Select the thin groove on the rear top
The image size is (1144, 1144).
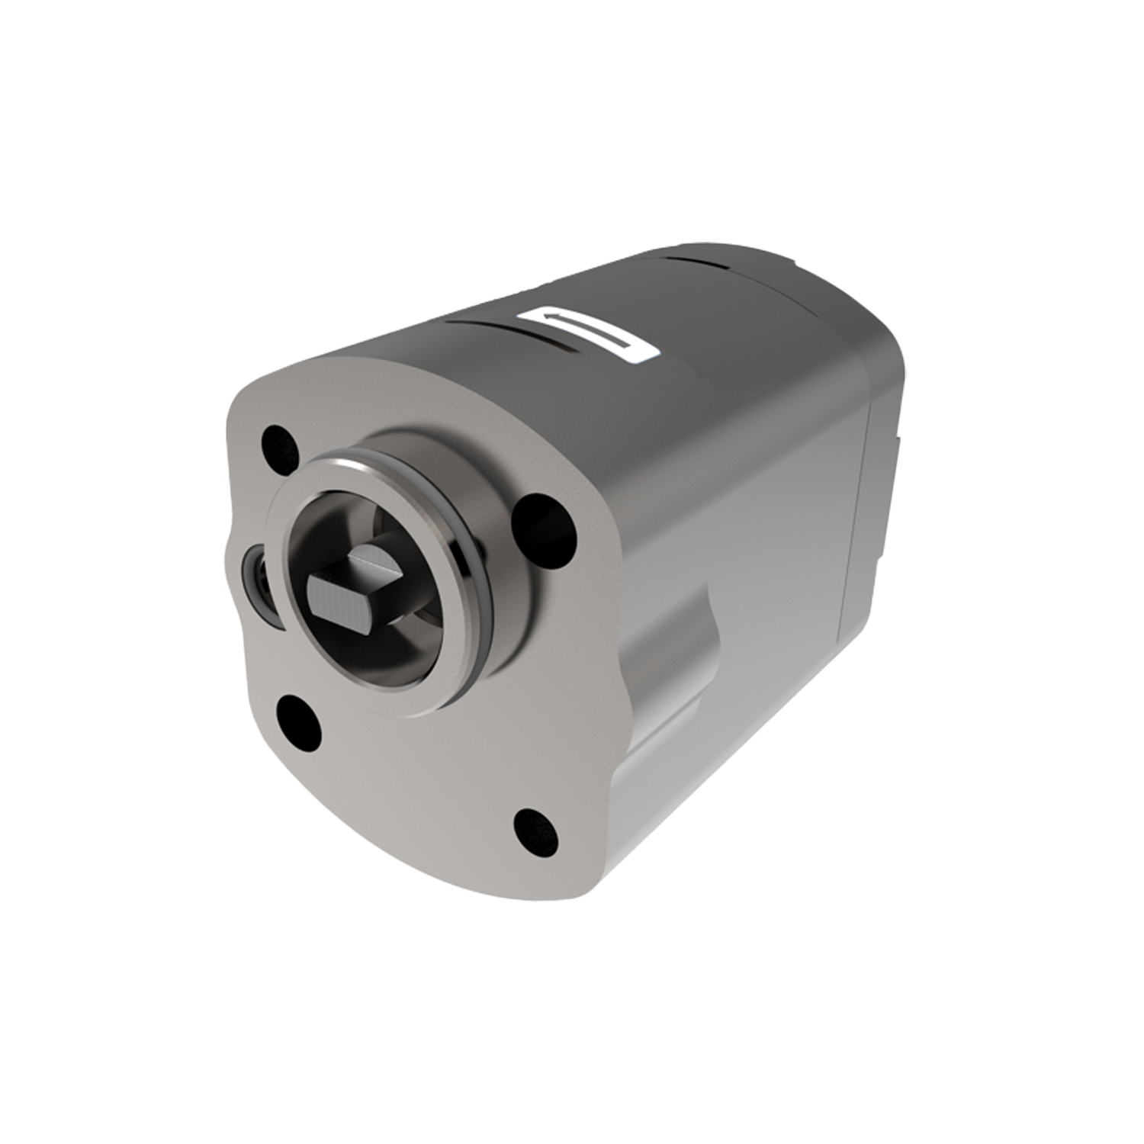click(698, 264)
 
